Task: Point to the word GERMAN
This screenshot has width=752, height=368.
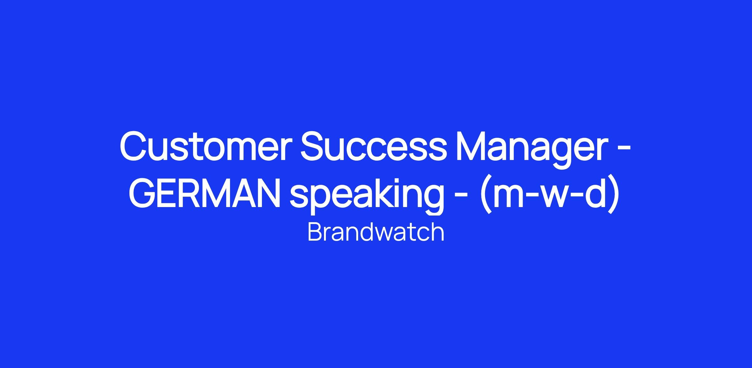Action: pyautogui.click(x=205, y=192)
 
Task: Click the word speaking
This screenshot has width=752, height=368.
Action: pyautogui.click(x=367, y=196)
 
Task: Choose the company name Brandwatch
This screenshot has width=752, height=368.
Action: pyautogui.click(x=376, y=232)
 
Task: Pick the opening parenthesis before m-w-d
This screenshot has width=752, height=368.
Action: pyautogui.click(x=486, y=195)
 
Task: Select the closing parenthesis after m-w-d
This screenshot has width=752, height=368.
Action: pyautogui.click(x=614, y=195)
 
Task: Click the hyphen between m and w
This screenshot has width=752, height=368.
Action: pyautogui.click(x=526, y=197)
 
